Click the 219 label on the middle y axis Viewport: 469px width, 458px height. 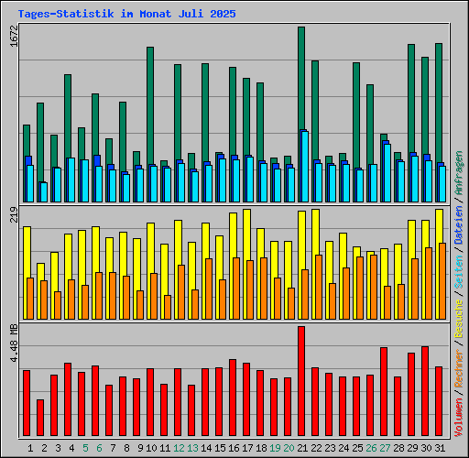click(13, 215)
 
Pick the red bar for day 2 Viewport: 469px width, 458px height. click(39, 418)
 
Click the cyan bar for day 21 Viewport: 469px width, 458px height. click(304, 166)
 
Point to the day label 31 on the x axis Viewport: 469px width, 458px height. click(439, 448)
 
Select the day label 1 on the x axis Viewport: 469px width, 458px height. click(30, 448)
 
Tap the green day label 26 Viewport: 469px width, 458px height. click(370, 448)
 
